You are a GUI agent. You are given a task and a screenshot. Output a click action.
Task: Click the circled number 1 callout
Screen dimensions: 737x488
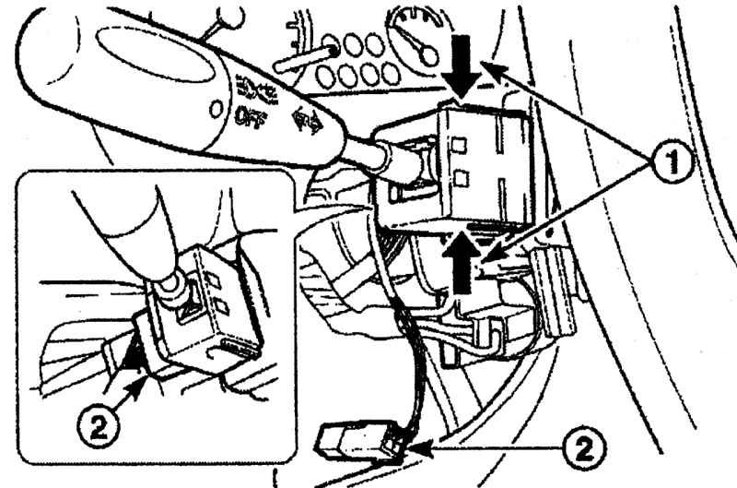click(673, 161)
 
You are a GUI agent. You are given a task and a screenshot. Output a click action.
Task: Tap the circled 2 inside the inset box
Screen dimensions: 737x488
click(99, 428)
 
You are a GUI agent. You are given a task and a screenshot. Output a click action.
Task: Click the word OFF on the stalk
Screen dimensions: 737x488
click(251, 118)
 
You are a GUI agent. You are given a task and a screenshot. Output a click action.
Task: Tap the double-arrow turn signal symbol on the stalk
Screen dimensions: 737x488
click(307, 122)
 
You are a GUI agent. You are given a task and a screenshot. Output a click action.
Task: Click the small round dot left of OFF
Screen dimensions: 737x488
click(216, 110)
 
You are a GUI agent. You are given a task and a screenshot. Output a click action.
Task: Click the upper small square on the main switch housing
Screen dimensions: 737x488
click(459, 143)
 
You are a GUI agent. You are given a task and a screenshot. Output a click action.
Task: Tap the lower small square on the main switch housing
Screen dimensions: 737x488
click(462, 178)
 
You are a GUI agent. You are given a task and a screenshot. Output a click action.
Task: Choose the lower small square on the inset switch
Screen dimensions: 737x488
click(221, 307)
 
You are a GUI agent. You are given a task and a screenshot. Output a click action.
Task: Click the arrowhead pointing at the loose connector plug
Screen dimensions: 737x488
click(421, 449)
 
